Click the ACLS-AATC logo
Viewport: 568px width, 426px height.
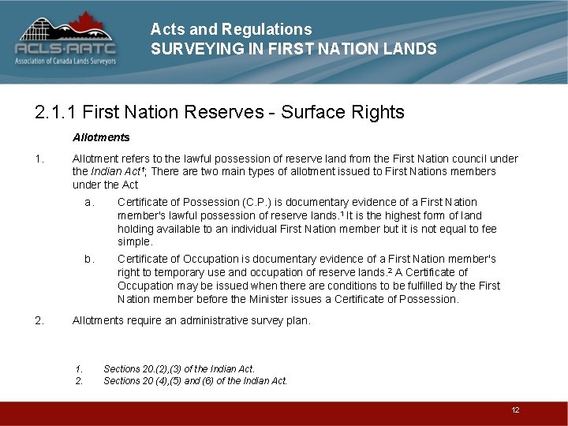[x=65, y=39]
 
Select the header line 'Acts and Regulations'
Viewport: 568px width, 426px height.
[x=230, y=29]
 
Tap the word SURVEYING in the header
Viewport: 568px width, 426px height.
[x=188, y=49]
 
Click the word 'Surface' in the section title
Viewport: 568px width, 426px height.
[x=303, y=112]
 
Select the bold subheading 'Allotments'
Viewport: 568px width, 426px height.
[x=101, y=137]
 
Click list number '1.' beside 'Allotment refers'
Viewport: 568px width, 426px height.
[x=39, y=159]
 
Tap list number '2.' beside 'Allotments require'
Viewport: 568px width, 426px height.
[x=39, y=320]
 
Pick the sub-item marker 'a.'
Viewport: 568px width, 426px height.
[x=89, y=202]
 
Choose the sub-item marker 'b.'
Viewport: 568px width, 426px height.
[x=89, y=259]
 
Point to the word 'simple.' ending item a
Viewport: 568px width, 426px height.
[x=135, y=241]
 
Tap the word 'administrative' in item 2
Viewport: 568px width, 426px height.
[x=216, y=320]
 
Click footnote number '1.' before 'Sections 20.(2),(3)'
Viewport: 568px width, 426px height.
[x=79, y=368]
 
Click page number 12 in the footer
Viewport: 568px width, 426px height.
[x=515, y=410]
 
